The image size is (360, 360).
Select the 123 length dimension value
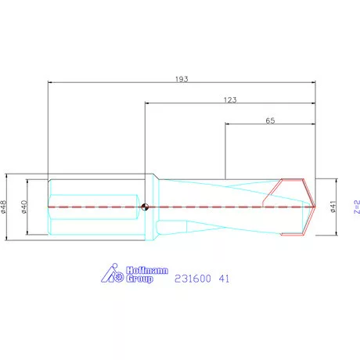tap(229, 99)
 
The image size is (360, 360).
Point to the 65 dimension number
tap(270, 121)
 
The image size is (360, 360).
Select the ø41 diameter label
tap(333, 207)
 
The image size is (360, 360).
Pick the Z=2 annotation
tap(355, 207)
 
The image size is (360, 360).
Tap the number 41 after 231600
tap(224, 278)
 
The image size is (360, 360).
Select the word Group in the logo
tap(139, 279)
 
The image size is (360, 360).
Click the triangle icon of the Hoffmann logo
tap(112, 273)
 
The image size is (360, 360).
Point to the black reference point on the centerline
tap(146, 207)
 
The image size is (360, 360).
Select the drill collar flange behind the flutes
tap(153, 207)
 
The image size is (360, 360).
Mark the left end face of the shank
tap(49, 207)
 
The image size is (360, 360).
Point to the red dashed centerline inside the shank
tap(94, 207)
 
